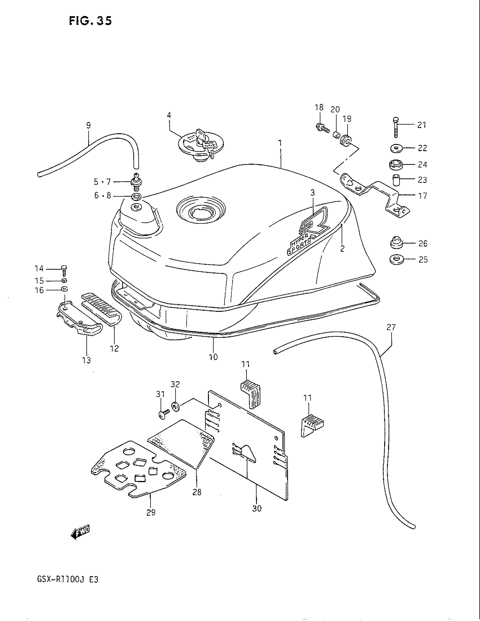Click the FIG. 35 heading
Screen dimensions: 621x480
click(x=90, y=21)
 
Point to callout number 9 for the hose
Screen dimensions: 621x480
click(x=88, y=125)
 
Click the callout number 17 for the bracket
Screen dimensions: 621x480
click(x=423, y=196)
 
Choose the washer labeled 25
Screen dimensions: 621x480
click(x=396, y=259)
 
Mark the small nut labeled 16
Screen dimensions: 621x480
click(x=65, y=290)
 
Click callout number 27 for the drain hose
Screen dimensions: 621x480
click(x=391, y=327)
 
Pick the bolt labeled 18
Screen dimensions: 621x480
click(x=322, y=128)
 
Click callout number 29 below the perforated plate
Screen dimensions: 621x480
click(x=151, y=512)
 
